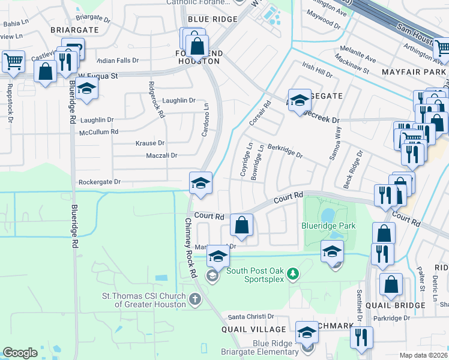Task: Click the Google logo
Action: click(x=20, y=353)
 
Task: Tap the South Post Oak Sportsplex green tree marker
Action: click(x=292, y=274)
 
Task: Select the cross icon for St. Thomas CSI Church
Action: click(x=194, y=299)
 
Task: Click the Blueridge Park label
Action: click(x=328, y=226)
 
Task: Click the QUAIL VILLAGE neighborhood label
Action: click(x=254, y=329)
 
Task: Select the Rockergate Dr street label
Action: click(x=100, y=182)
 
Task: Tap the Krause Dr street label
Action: click(x=150, y=143)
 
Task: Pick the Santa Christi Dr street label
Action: click(x=250, y=317)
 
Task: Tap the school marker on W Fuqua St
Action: click(x=86, y=88)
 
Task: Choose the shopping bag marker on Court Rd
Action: click(x=241, y=226)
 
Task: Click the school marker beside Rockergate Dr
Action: click(x=200, y=183)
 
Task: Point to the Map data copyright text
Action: click(x=424, y=355)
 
